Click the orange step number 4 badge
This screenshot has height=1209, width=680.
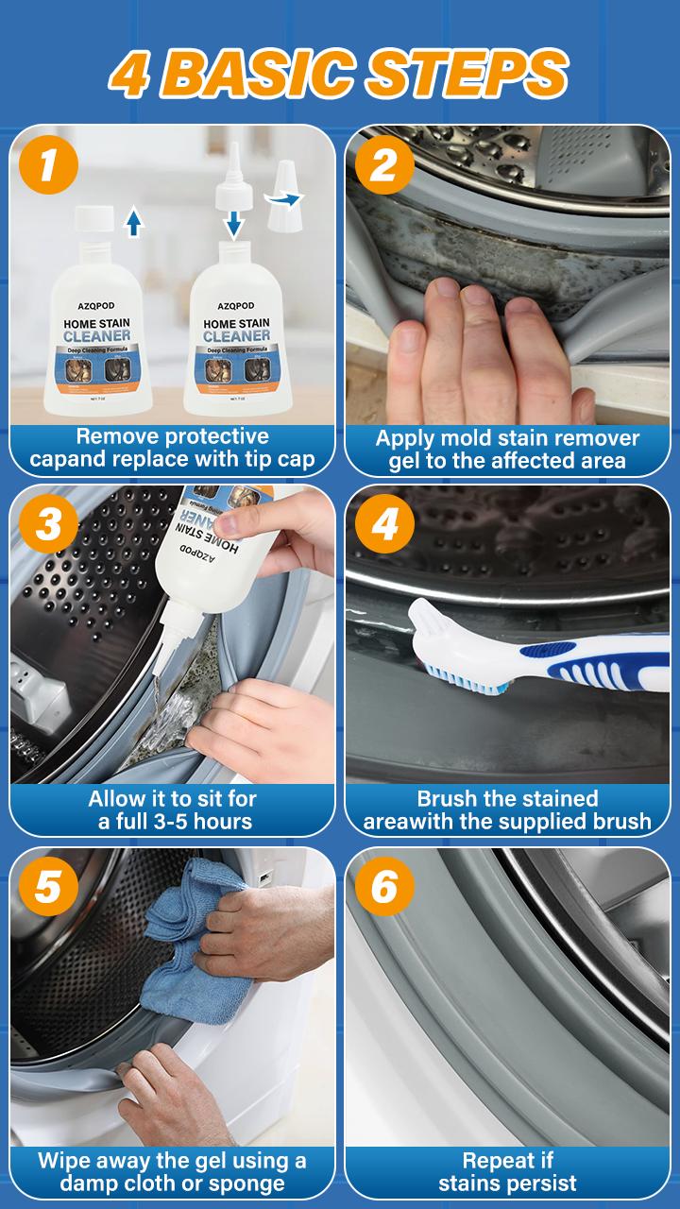click(383, 525)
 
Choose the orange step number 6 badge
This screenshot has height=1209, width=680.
click(383, 888)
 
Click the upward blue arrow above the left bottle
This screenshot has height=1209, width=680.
click(133, 222)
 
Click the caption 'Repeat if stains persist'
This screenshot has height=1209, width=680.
click(507, 1171)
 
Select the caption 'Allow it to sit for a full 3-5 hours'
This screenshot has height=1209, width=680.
click(173, 809)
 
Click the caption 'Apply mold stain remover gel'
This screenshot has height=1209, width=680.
click(507, 449)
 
